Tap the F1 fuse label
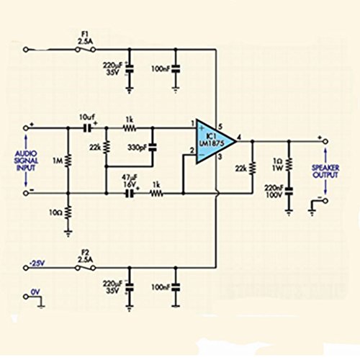(x=84, y=32)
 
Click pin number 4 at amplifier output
(x=240, y=132)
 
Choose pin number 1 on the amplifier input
(x=192, y=122)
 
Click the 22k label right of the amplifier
(x=239, y=168)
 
